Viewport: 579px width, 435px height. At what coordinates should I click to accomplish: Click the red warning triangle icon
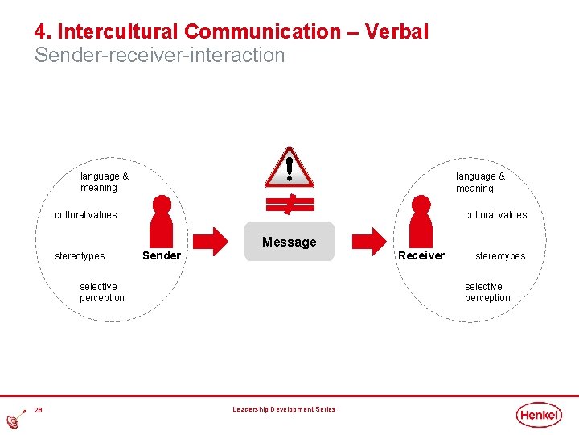(289, 167)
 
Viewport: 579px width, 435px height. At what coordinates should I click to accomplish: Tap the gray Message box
(289, 242)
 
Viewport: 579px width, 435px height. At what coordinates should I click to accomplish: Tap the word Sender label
(161, 256)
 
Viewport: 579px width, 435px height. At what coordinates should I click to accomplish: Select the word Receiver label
(421, 256)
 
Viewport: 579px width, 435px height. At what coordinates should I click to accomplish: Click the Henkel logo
(539, 415)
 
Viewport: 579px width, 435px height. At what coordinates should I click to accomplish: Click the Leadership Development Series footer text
(284, 410)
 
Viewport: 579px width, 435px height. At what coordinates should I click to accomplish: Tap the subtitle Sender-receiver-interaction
(159, 56)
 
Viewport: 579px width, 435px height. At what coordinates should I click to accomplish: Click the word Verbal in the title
(396, 32)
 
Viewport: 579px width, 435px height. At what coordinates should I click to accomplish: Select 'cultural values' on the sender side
(85, 215)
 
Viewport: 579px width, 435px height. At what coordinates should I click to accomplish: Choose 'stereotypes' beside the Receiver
(499, 256)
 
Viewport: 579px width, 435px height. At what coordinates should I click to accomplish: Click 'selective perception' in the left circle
(102, 292)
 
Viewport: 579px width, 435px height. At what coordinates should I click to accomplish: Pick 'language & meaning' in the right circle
(480, 182)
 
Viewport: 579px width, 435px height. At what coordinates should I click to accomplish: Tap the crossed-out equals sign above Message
(289, 203)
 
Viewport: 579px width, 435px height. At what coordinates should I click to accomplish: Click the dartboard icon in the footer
(15, 420)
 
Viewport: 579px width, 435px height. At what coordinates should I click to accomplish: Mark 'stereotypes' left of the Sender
(80, 256)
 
